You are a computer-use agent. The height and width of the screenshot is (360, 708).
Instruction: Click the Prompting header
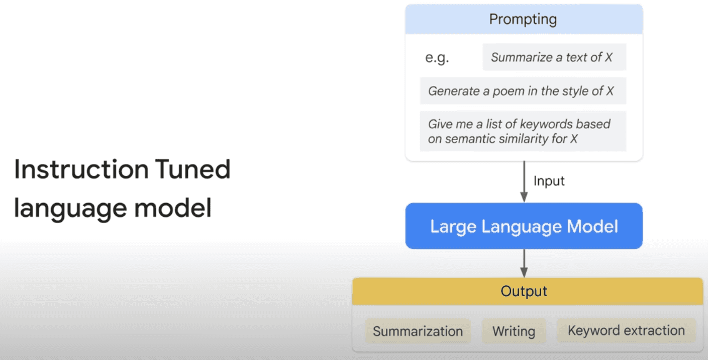point(524,19)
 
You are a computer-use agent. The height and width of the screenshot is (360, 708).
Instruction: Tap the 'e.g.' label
point(437,58)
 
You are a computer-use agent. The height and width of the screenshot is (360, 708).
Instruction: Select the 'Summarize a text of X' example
point(554,57)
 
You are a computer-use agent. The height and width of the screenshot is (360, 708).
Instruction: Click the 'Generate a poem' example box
point(523,91)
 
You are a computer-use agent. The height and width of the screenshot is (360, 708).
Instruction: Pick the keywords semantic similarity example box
point(523,131)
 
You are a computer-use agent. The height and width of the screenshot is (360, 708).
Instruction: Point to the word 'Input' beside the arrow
point(549,182)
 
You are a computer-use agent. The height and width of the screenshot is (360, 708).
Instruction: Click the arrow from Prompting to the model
point(524,182)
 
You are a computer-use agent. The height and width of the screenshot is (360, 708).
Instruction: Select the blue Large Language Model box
point(524,226)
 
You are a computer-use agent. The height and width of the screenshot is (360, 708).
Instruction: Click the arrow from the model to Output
point(524,263)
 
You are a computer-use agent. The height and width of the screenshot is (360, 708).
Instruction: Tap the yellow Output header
point(528,291)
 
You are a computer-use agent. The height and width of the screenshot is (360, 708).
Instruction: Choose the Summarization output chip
point(418,331)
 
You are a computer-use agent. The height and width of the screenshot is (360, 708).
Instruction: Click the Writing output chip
point(514,331)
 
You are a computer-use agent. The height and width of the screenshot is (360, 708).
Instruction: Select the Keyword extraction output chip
point(626,330)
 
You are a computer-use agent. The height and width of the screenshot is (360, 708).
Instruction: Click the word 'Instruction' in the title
point(81,169)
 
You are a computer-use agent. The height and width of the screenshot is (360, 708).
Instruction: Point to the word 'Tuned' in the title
point(192,169)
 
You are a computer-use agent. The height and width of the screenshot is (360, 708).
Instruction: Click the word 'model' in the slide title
point(173,208)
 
